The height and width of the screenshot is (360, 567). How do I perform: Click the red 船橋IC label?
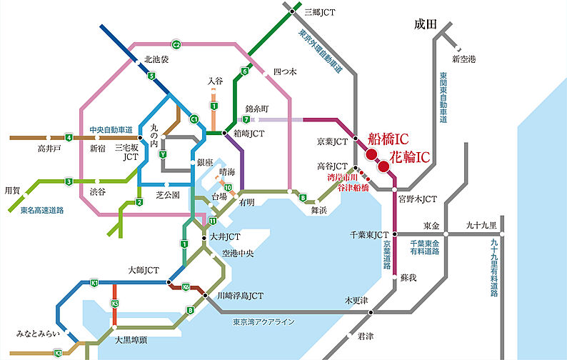click(x=386, y=139)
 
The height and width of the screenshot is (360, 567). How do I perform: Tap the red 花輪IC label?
click(x=409, y=155)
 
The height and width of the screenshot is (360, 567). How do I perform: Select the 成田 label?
click(x=424, y=24)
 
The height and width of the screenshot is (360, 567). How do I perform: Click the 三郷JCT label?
click(x=319, y=11)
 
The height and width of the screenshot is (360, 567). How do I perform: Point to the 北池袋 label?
click(x=156, y=59)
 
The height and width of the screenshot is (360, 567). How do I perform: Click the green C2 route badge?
click(x=176, y=45)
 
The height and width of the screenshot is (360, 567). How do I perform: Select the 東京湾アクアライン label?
click(x=264, y=322)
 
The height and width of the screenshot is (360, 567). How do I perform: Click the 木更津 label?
click(x=355, y=300)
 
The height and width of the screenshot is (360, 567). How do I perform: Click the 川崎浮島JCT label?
click(x=240, y=294)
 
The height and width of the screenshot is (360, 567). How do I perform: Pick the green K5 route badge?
click(x=114, y=304)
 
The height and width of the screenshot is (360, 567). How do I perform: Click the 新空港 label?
click(x=463, y=58)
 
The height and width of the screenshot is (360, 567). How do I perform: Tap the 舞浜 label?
click(x=318, y=210)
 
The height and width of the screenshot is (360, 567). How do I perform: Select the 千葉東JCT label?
click(x=368, y=234)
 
